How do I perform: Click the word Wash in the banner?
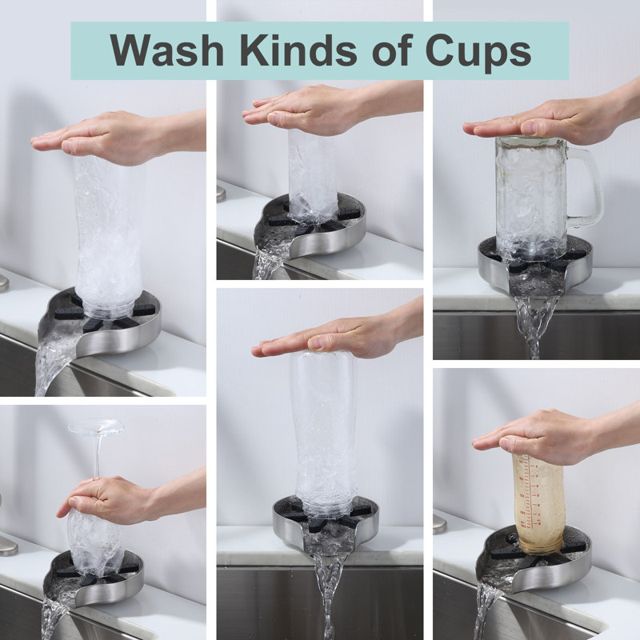coord(166,50)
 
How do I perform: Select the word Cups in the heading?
coord(478,53)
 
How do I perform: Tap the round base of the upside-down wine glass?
coord(96,426)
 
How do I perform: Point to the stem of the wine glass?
coord(97,456)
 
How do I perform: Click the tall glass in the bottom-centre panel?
coord(326,433)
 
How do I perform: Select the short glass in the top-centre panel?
coord(312,175)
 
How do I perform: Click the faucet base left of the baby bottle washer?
coord(439,524)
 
